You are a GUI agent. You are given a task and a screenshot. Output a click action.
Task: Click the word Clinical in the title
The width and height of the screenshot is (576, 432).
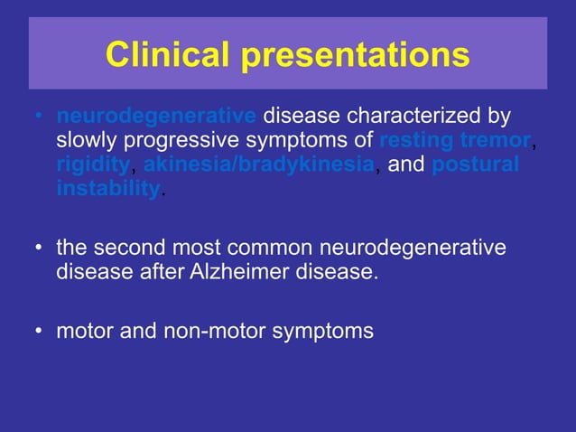(167, 55)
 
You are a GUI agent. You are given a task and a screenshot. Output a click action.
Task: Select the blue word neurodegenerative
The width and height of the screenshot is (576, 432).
(156, 117)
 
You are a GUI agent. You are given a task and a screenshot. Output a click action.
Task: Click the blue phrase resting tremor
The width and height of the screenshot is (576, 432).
(455, 142)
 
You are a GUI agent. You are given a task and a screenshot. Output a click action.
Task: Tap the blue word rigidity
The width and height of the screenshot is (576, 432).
(93, 165)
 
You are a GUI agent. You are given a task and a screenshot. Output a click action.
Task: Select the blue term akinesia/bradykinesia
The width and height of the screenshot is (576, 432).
(258, 165)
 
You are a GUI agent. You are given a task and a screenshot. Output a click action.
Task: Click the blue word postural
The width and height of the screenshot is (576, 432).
(475, 165)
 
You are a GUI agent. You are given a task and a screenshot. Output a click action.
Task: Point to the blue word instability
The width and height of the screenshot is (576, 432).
(107, 189)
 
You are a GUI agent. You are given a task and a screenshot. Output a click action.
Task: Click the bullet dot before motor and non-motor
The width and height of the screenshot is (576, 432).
(38, 332)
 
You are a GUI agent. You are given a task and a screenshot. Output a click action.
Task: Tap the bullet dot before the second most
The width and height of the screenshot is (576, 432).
(38, 249)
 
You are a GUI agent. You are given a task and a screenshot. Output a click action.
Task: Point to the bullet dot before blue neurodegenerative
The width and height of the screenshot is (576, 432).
(38, 118)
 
